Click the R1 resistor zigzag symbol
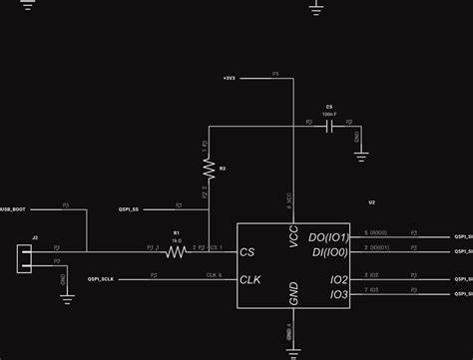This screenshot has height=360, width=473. [x=177, y=253]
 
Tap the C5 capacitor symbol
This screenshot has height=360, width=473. [x=329, y=127]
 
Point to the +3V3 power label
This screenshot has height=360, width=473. [x=230, y=76]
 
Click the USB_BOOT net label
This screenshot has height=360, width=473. [x=13, y=210]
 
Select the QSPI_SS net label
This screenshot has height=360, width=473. [x=129, y=210]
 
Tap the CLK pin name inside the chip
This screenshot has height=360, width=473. [x=251, y=280]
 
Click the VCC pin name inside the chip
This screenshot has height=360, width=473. [x=293, y=236]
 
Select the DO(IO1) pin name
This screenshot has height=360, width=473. [x=328, y=237]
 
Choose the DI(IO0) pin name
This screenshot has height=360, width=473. [x=328, y=253]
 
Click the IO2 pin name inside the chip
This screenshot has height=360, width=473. [x=338, y=280]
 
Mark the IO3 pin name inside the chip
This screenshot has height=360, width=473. [x=338, y=295]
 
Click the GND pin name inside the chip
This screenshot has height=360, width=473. [x=293, y=294]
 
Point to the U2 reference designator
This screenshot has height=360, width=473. [x=371, y=202]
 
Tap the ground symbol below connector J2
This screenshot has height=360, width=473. [x=66, y=295]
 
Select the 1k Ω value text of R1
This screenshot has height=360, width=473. [x=177, y=240]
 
